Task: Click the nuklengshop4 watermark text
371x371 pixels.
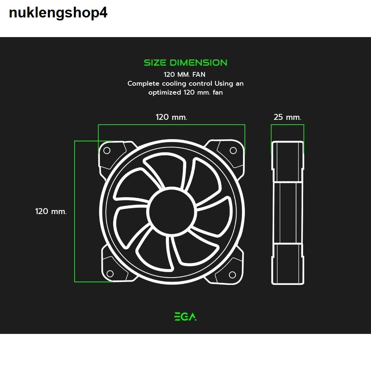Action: (x=58, y=13)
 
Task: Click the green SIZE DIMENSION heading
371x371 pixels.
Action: (x=185, y=63)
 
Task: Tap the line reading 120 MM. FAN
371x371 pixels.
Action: (x=184, y=75)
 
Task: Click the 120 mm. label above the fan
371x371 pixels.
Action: (x=171, y=117)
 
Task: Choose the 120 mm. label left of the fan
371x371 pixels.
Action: (x=51, y=211)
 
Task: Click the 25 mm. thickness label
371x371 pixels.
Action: (x=288, y=117)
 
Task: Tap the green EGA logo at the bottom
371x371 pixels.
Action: (x=185, y=316)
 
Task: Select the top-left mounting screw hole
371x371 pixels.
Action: (x=106, y=151)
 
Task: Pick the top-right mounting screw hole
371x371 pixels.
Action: (x=233, y=150)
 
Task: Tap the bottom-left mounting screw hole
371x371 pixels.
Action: (x=110, y=274)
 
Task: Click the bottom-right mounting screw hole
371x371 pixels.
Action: (x=233, y=275)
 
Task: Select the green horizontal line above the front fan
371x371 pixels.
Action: (x=171, y=125)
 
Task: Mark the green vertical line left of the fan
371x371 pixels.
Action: (x=75, y=211)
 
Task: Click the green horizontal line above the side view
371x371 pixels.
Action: (x=288, y=125)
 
